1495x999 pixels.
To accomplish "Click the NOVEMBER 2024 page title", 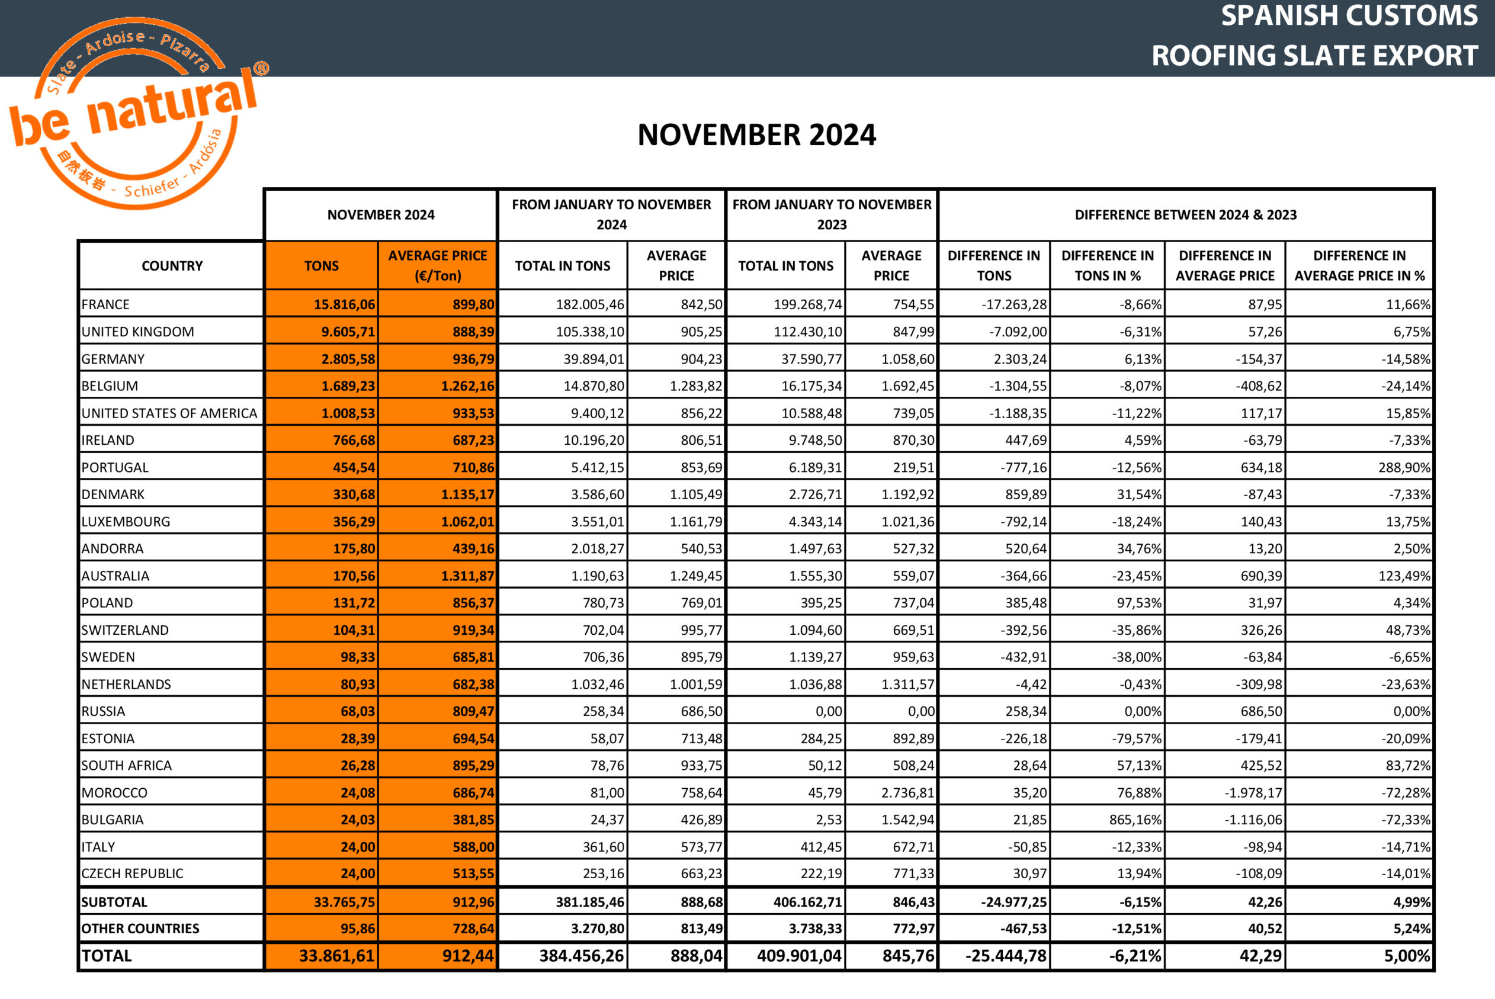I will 756,135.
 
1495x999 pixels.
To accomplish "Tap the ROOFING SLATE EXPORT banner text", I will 1314,56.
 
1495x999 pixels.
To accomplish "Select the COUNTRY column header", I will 172,266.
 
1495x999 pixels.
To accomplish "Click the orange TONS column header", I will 321,266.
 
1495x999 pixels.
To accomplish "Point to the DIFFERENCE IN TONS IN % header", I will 1107,266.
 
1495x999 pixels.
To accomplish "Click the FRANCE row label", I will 106,304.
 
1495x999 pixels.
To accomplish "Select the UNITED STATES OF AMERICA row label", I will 169,413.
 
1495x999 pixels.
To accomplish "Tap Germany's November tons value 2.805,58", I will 348,359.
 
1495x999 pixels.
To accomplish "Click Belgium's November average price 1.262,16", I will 467,386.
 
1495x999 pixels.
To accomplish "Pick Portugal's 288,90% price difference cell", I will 1404,468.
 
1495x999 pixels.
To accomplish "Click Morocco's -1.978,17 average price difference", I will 1252,793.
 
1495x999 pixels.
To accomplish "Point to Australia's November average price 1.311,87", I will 467,576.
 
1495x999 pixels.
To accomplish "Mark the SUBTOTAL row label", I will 115,902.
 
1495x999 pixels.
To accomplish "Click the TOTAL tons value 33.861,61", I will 336,956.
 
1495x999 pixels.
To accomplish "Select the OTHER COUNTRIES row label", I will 141,929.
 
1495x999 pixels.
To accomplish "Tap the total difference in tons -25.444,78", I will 1006,956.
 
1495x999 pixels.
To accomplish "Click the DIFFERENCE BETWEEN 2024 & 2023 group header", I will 1185,215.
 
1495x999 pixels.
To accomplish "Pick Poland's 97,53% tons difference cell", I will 1139,603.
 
